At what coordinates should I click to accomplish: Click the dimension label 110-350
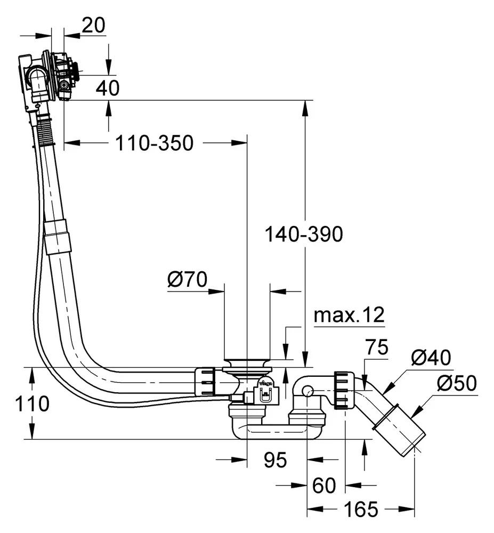coord(155,143)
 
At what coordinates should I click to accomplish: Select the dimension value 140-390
coord(304,234)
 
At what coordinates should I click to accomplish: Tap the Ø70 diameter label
coord(187,279)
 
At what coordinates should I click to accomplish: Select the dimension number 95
coord(275,459)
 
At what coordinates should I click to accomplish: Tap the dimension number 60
coord(324,486)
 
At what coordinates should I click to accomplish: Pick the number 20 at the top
coord(94,25)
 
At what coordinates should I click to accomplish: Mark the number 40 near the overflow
coord(108,88)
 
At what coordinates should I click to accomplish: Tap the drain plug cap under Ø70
coord(247,363)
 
